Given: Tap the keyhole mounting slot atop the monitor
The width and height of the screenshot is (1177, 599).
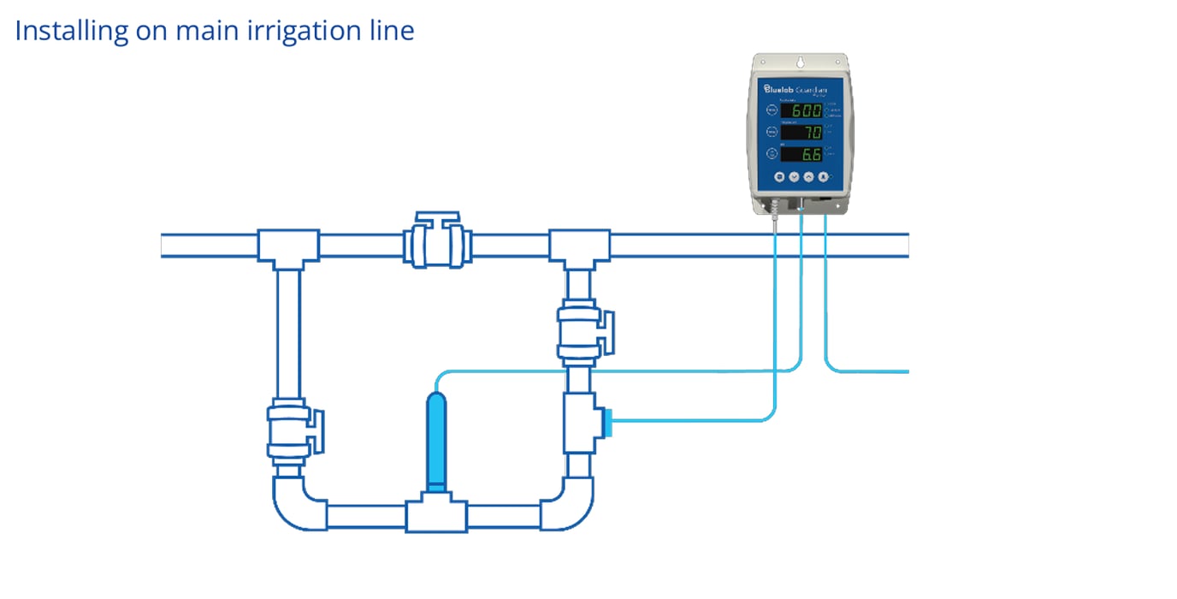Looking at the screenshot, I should click(x=801, y=63).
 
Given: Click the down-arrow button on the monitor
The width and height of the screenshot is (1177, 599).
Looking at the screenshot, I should click(x=793, y=177).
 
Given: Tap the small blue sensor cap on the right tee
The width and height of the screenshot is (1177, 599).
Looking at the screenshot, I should click(x=608, y=422).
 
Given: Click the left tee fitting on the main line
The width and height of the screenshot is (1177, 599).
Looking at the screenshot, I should click(x=288, y=247).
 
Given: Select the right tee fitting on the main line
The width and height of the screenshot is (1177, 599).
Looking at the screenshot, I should click(x=579, y=247).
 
